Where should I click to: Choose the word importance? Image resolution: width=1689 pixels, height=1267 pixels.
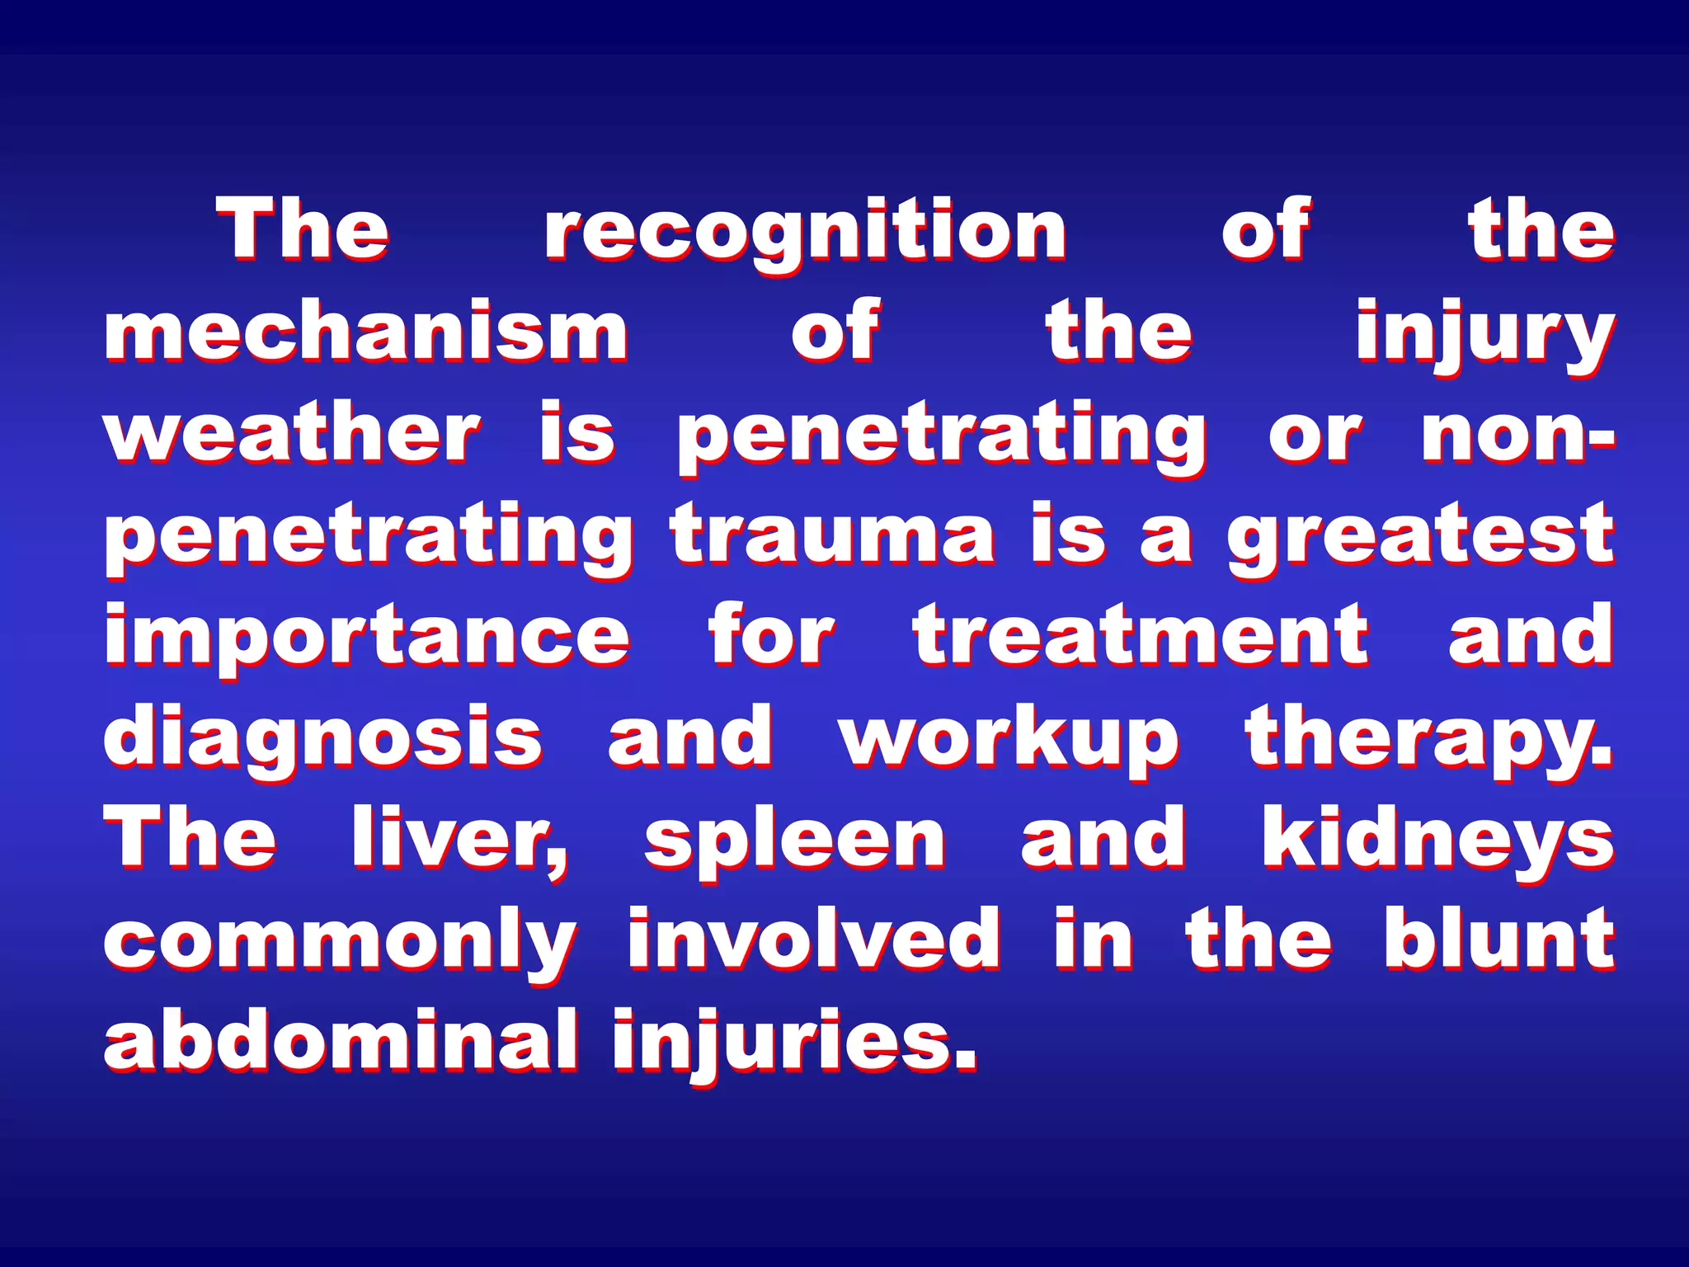tap(366, 637)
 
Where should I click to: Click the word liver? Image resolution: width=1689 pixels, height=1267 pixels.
tap(459, 840)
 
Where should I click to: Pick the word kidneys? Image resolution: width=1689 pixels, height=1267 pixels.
tap(1437, 840)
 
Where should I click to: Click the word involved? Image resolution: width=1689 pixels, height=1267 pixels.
tap(814, 939)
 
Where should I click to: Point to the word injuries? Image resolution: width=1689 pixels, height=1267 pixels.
tap(794, 1041)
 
